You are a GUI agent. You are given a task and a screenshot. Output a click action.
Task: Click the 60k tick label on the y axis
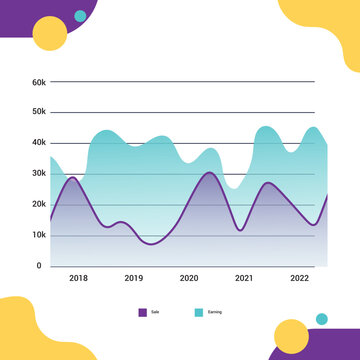(38, 81)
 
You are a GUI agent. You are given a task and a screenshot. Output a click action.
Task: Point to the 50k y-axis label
(38, 112)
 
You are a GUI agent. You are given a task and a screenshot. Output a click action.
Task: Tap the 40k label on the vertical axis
(38, 143)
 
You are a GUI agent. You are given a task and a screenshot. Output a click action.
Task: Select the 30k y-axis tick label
(38, 174)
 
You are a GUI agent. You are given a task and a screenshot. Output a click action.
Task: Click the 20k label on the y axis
(38, 204)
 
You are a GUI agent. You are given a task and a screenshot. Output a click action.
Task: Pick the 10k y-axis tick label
(38, 235)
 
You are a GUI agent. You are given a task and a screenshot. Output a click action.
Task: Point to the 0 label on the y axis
(40, 266)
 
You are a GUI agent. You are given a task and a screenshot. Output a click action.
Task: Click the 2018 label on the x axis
(78, 278)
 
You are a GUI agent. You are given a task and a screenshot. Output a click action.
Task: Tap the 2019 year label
(133, 278)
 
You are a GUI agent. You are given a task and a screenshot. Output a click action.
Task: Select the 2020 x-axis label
(188, 278)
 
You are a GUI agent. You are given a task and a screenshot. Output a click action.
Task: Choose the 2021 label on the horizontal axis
(243, 278)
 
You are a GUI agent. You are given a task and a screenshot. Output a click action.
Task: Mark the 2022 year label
(298, 278)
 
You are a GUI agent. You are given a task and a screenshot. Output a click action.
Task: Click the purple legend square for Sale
(142, 312)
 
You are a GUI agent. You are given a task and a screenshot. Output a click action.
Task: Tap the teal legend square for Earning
(198, 312)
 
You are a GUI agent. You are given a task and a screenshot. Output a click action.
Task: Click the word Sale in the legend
(155, 313)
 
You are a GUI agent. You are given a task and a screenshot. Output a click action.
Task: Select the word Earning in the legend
(214, 313)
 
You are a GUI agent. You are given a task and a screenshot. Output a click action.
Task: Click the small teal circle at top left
(80, 16)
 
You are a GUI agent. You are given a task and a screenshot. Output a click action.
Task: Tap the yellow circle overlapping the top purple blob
(50, 34)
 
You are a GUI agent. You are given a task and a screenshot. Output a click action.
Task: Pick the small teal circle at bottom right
(321, 319)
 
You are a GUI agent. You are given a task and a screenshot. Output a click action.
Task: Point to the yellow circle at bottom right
(291, 337)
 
